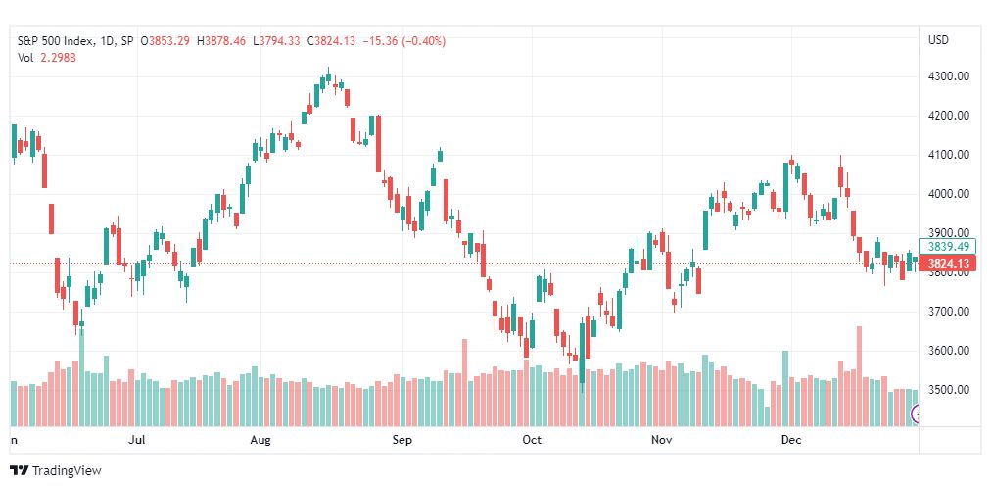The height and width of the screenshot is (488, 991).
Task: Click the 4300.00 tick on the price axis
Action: [949, 76]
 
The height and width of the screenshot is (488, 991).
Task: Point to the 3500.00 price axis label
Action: [949, 389]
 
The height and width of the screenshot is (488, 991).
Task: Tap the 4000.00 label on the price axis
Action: [949, 194]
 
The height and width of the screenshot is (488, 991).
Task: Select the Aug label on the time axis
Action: [260, 440]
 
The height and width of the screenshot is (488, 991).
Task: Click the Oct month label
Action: [532, 440]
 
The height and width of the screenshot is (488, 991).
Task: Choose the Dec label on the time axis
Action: [790, 440]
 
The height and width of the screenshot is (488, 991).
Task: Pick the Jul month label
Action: [136, 440]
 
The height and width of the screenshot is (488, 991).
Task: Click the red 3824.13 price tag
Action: [947, 263]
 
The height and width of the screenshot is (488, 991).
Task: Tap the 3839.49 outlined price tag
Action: [947, 247]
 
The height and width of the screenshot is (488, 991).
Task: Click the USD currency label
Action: [938, 40]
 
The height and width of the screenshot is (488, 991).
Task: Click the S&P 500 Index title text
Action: [56, 41]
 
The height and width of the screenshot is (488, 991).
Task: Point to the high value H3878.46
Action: [222, 41]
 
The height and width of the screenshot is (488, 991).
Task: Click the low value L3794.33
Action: [277, 41]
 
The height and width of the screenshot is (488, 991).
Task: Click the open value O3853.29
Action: [165, 41]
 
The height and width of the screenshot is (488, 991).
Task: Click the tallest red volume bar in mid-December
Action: [859, 376]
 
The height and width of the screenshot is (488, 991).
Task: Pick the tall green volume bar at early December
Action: [785, 389]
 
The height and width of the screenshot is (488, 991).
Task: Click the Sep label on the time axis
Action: [401, 440]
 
